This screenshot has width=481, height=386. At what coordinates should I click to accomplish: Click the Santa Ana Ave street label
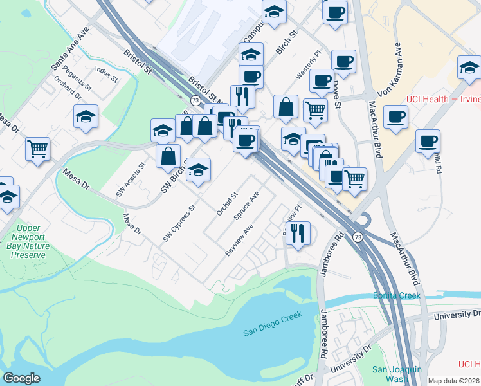pyautogui.click(x=70, y=49)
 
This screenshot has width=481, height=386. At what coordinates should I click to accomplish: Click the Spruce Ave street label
pyautogui.click(x=246, y=206)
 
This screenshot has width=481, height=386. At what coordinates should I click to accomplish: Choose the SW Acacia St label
pyautogui.click(x=131, y=179)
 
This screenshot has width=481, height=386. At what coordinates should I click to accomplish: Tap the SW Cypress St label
pyautogui.click(x=179, y=224)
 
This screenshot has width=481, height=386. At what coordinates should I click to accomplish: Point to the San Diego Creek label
pyautogui.click(x=272, y=332)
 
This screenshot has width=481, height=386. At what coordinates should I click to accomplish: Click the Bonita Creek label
pyautogui.click(x=397, y=296)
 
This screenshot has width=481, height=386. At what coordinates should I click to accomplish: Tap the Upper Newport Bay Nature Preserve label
pyautogui.click(x=26, y=241)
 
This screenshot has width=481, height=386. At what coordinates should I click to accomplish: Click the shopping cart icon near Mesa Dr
pyautogui.click(x=38, y=149)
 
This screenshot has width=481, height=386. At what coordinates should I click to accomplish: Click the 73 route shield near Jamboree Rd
pyautogui.click(x=358, y=237)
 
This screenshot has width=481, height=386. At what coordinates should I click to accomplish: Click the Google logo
pyautogui.click(x=22, y=378)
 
